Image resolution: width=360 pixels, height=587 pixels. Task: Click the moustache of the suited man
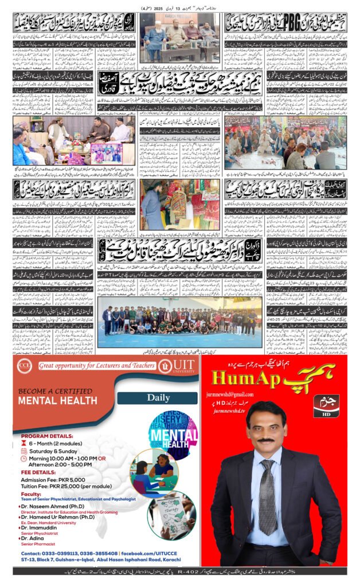pos(265,440)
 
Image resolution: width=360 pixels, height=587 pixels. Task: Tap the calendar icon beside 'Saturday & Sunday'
pos(24,451)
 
